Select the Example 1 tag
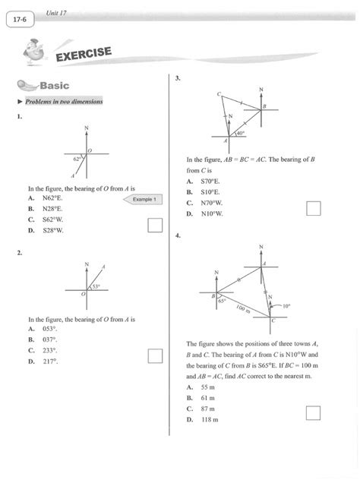(144, 199)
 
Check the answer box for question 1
(155, 224)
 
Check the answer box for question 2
(155, 356)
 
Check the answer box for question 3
(314, 208)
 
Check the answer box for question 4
(313, 412)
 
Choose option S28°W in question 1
(52, 229)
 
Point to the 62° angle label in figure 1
(77, 160)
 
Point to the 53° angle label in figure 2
(96, 287)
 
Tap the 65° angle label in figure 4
(223, 301)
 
